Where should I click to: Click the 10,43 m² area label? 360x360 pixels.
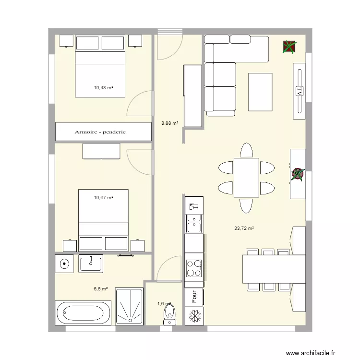pos(103,88)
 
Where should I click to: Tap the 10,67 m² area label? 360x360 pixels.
pos(103,197)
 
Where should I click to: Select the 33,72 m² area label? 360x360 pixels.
pos(244,228)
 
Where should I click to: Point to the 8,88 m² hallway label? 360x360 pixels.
pos(170,123)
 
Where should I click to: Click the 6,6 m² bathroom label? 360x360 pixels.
pos(100,289)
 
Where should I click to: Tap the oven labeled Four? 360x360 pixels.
pos(194,296)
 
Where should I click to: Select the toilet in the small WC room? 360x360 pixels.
pos(168,314)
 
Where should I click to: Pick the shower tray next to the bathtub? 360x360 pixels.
pos(130,306)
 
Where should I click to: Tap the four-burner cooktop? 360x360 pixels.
pos(194,268)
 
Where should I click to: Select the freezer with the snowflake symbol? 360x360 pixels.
pos(194,315)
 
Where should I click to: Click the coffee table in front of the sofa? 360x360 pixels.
pos(260,91)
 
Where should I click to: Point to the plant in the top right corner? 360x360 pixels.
pos(289,47)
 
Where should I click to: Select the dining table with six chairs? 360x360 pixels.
pos(246,178)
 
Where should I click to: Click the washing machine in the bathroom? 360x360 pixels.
pos(64,264)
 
